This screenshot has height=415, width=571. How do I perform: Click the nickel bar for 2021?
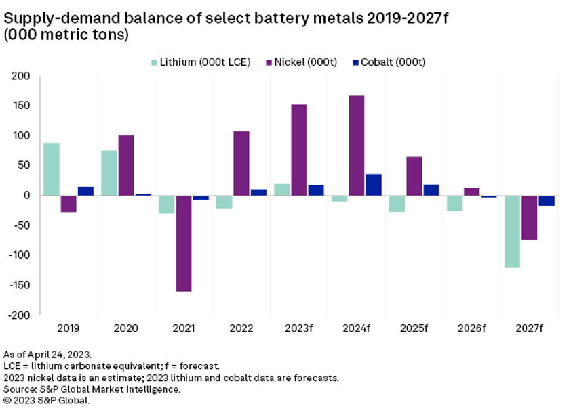click(x=184, y=243)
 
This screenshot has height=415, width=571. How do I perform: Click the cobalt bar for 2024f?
click(x=374, y=185)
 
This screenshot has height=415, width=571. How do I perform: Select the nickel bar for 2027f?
click(x=530, y=217)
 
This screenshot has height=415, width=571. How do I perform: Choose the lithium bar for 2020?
click(x=109, y=173)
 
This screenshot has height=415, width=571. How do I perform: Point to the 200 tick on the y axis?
click(x=24, y=76)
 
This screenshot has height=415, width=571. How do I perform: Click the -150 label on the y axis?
click(x=21, y=285)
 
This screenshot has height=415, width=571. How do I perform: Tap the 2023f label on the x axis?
click(x=299, y=328)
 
